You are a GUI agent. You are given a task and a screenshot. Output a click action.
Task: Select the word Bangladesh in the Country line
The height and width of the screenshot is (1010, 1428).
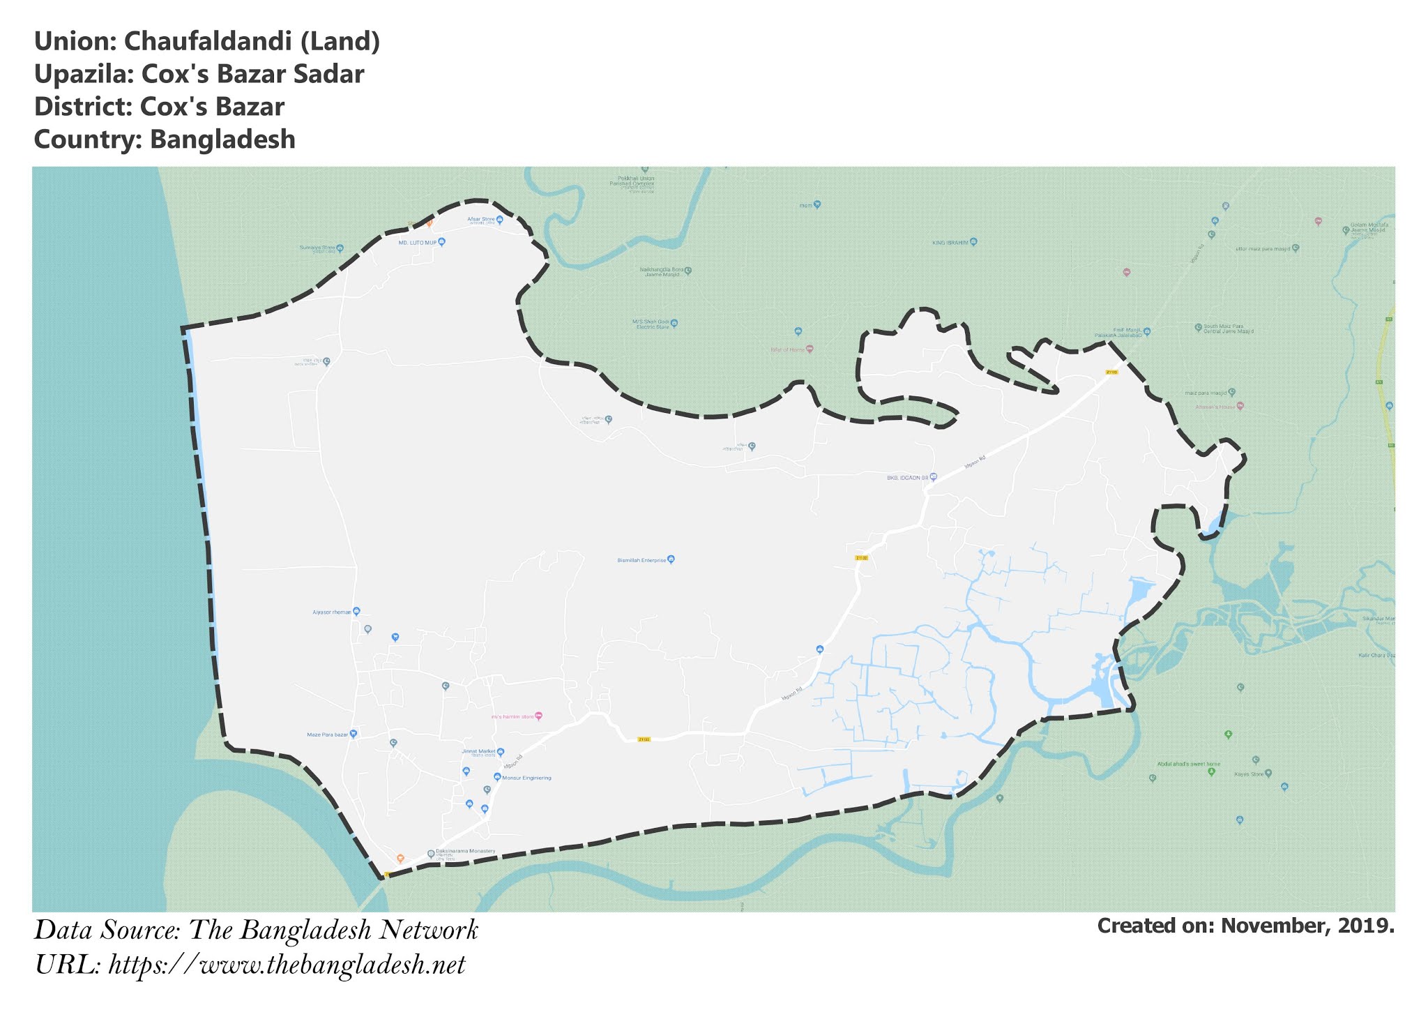pos(222,140)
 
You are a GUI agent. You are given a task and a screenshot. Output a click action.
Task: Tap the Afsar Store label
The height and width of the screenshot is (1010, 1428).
pos(480,219)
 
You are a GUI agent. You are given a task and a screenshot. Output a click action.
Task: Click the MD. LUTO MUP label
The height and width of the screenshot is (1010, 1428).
pos(417,243)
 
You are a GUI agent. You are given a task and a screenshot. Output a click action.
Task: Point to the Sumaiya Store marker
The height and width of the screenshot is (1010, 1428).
pos(340,248)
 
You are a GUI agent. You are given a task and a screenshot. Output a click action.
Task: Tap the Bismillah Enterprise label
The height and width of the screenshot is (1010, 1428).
pos(641,560)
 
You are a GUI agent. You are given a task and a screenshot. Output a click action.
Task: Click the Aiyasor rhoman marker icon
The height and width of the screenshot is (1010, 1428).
pos(356,612)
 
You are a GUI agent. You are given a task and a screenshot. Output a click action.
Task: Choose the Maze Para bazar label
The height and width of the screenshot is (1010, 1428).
pos(327,734)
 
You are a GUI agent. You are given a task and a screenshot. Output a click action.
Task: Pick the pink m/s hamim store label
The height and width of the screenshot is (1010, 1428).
pos(512,716)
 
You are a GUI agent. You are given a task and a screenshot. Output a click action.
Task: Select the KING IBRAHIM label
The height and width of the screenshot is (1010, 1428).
pos(950,243)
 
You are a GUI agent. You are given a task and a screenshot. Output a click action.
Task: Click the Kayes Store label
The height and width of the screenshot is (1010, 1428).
pos(1249,774)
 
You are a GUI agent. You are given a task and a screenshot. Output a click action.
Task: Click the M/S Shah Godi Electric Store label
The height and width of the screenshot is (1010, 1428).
pos(650,324)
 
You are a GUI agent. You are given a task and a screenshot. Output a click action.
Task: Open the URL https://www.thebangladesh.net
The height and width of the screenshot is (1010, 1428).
pos(287,966)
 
